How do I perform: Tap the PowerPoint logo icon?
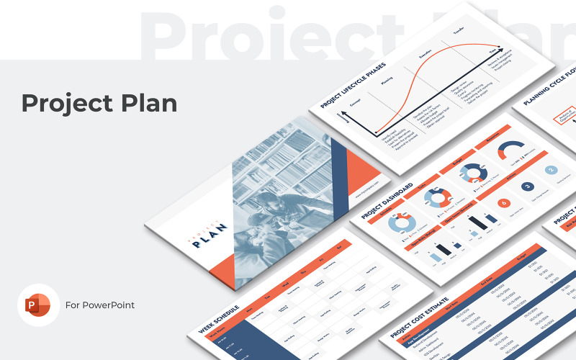click(38, 305)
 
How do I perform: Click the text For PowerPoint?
click(100, 305)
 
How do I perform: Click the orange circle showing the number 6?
click(503, 204)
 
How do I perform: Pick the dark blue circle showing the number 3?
click(528, 186)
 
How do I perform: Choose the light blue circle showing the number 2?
click(552, 171)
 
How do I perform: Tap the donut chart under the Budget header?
click(472, 173)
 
